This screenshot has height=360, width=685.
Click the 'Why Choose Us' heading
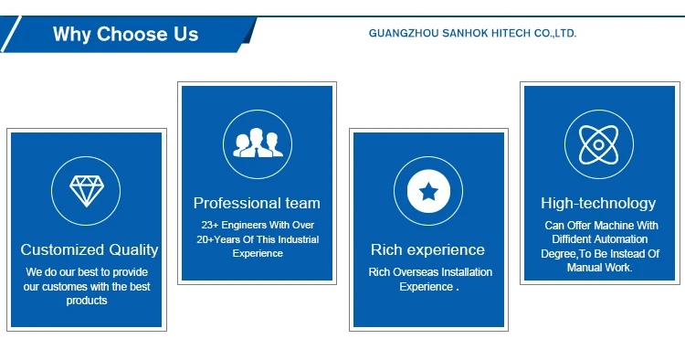click(x=125, y=34)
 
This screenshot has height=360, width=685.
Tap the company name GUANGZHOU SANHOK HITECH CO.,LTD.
click(x=473, y=33)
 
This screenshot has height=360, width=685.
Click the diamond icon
click(x=87, y=191)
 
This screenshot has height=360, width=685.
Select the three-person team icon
click(x=258, y=143)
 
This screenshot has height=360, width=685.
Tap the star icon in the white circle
click(x=428, y=191)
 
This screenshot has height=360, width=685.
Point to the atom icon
click(x=599, y=144)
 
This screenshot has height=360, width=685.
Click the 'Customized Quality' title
click(x=90, y=249)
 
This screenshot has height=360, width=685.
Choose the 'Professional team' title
click(x=257, y=203)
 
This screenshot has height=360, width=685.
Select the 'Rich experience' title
click(x=427, y=250)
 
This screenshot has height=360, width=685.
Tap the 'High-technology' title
click(x=598, y=203)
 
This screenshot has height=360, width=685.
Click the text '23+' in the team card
click(x=210, y=225)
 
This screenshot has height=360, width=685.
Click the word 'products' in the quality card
click(x=87, y=301)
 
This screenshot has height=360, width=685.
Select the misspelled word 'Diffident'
click(x=572, y=239)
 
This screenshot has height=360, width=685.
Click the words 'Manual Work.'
click(x=599, y=268)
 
